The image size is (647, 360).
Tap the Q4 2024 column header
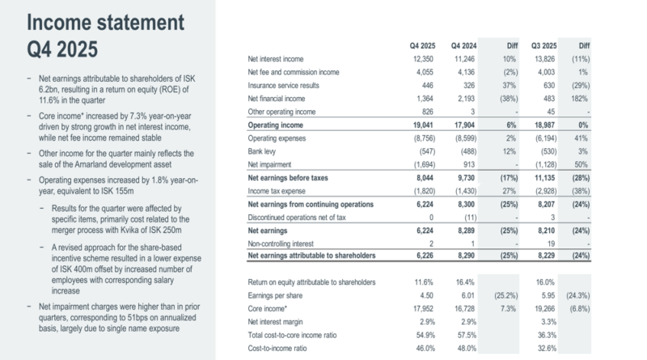[x=467, y=46]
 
